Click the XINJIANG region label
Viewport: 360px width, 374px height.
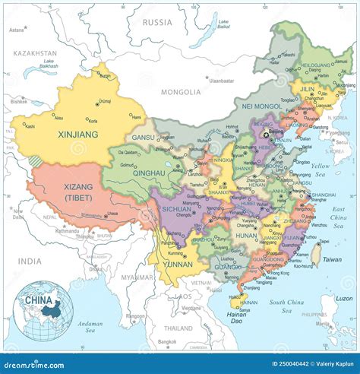(78, 135)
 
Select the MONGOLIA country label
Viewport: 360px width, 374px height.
(180, 92)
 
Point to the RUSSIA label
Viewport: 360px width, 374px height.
(159, 22)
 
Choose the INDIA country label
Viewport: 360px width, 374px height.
(30, 261)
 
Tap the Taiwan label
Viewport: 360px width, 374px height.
(332, 259)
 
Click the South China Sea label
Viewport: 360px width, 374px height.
(287, 306)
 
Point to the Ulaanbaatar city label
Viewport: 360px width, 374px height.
(223, 80)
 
